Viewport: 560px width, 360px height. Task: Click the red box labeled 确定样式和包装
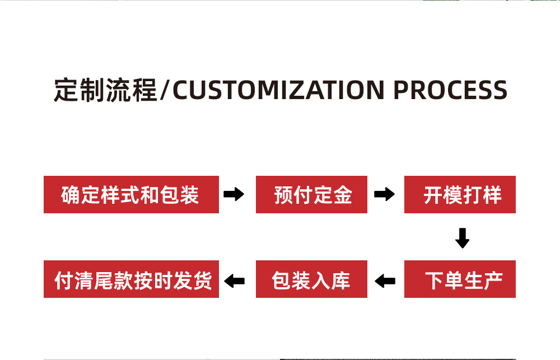(x=131, y=194)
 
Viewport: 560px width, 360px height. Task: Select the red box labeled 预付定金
(x=311, y=194)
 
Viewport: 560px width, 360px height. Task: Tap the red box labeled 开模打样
(x=460, y=194)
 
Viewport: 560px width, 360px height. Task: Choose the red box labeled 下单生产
(x=460, y=279)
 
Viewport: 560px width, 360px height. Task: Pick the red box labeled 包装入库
(x=311, y=279)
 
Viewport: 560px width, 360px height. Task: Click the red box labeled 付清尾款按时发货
(x=131, y=279)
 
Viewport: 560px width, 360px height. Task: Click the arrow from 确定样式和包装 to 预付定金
(x=234, y=195)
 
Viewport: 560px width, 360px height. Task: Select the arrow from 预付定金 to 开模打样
(x=384, y=195)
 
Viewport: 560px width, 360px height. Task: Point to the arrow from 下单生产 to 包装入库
(x=385, y=280)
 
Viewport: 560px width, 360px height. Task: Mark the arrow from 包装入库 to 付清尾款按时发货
(x=235, y=280)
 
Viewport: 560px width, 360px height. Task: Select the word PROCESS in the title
(x=450, y=90)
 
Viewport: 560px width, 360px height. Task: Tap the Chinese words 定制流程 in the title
(x=105, y=90)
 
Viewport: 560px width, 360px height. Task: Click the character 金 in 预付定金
(x=343, y=195)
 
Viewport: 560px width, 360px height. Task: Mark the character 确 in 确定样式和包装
(x=71, y=195)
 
